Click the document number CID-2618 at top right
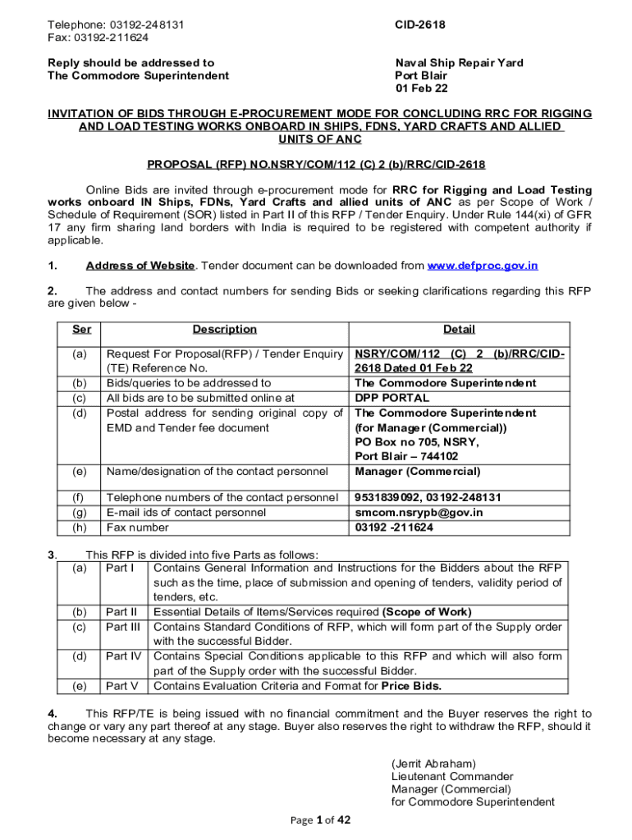(420, 25)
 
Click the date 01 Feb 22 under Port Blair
(421, 89)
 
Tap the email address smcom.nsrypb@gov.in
(419, 513)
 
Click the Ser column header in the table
(82, 330)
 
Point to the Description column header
(224, 330)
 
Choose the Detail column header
(459, 330)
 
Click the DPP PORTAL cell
(392, 399)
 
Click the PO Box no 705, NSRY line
(416, 442)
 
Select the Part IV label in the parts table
(123, 656)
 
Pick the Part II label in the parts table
(121, 612)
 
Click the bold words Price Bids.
(412, 686)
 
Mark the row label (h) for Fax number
(80, 527)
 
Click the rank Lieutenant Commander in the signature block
(452, 776)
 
